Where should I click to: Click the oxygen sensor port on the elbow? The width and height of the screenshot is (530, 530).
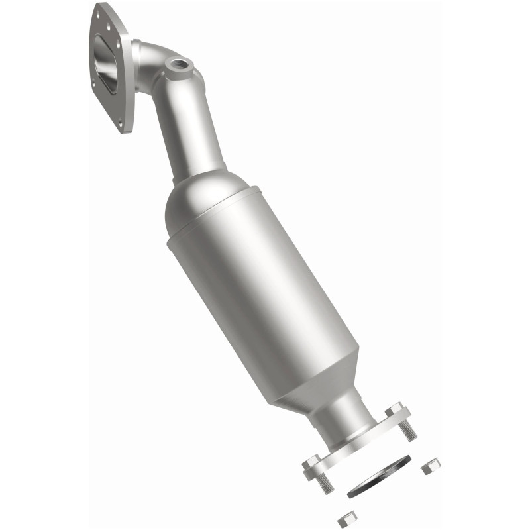pyautogui.click(x=178, y=66)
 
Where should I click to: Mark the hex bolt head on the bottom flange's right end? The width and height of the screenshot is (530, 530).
pyautogui.click(x=395, y=410)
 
